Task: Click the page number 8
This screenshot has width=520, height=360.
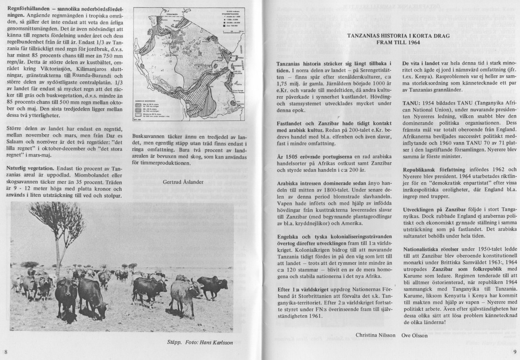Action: pos(5,351)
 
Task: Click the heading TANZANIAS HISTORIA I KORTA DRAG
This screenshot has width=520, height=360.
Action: pos(393,35)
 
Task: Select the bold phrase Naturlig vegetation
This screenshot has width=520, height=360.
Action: pos(30,168)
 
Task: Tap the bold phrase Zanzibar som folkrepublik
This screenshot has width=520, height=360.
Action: pos(458,269)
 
